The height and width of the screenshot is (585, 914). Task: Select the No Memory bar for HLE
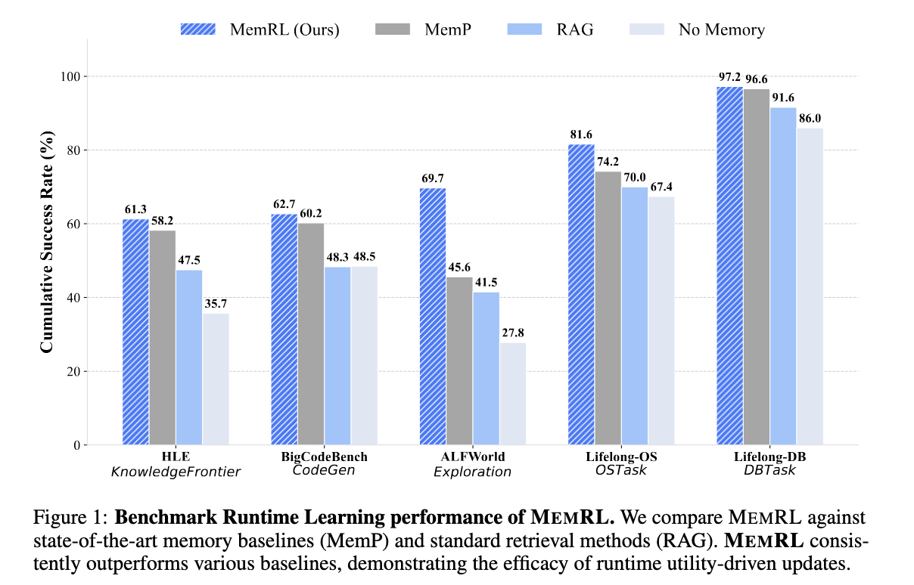coord(216,379)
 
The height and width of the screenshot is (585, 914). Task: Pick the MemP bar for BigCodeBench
coord(311,333)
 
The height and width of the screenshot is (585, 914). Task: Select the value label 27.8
coord(513,333)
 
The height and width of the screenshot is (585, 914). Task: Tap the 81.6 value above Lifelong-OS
coord(581,135)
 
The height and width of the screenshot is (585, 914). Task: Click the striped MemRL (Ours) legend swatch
coord(198,29)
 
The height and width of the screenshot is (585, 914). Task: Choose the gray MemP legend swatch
coord(391,29)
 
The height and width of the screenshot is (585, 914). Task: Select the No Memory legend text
coord(722,30)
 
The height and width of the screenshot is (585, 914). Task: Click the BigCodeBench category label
coord(324,457)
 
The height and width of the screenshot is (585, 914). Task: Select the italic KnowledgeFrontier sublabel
coord(176,472)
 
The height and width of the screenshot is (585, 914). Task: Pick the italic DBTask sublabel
coord(769,471)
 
